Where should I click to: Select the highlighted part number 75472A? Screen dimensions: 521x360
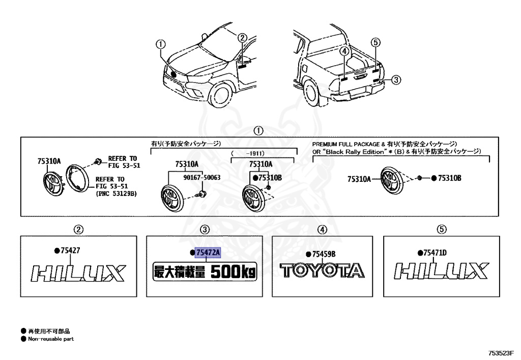pos(208,253)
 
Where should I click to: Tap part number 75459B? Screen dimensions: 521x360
pos(324,254)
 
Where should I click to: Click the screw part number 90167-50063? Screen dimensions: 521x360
pos(201,177)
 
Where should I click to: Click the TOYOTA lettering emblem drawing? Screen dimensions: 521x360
pos(321,271)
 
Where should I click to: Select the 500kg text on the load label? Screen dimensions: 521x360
pos(234,272)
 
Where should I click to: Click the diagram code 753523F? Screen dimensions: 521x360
pos(502,352)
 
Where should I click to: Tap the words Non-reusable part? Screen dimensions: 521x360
pos(50,339)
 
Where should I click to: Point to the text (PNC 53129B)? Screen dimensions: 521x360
pos(117,193)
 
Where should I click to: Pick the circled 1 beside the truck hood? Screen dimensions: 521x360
pos(161,44)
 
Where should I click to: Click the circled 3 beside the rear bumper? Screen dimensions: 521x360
pos(396,79)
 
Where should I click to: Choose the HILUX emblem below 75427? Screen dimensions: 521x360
pos(77,273)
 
